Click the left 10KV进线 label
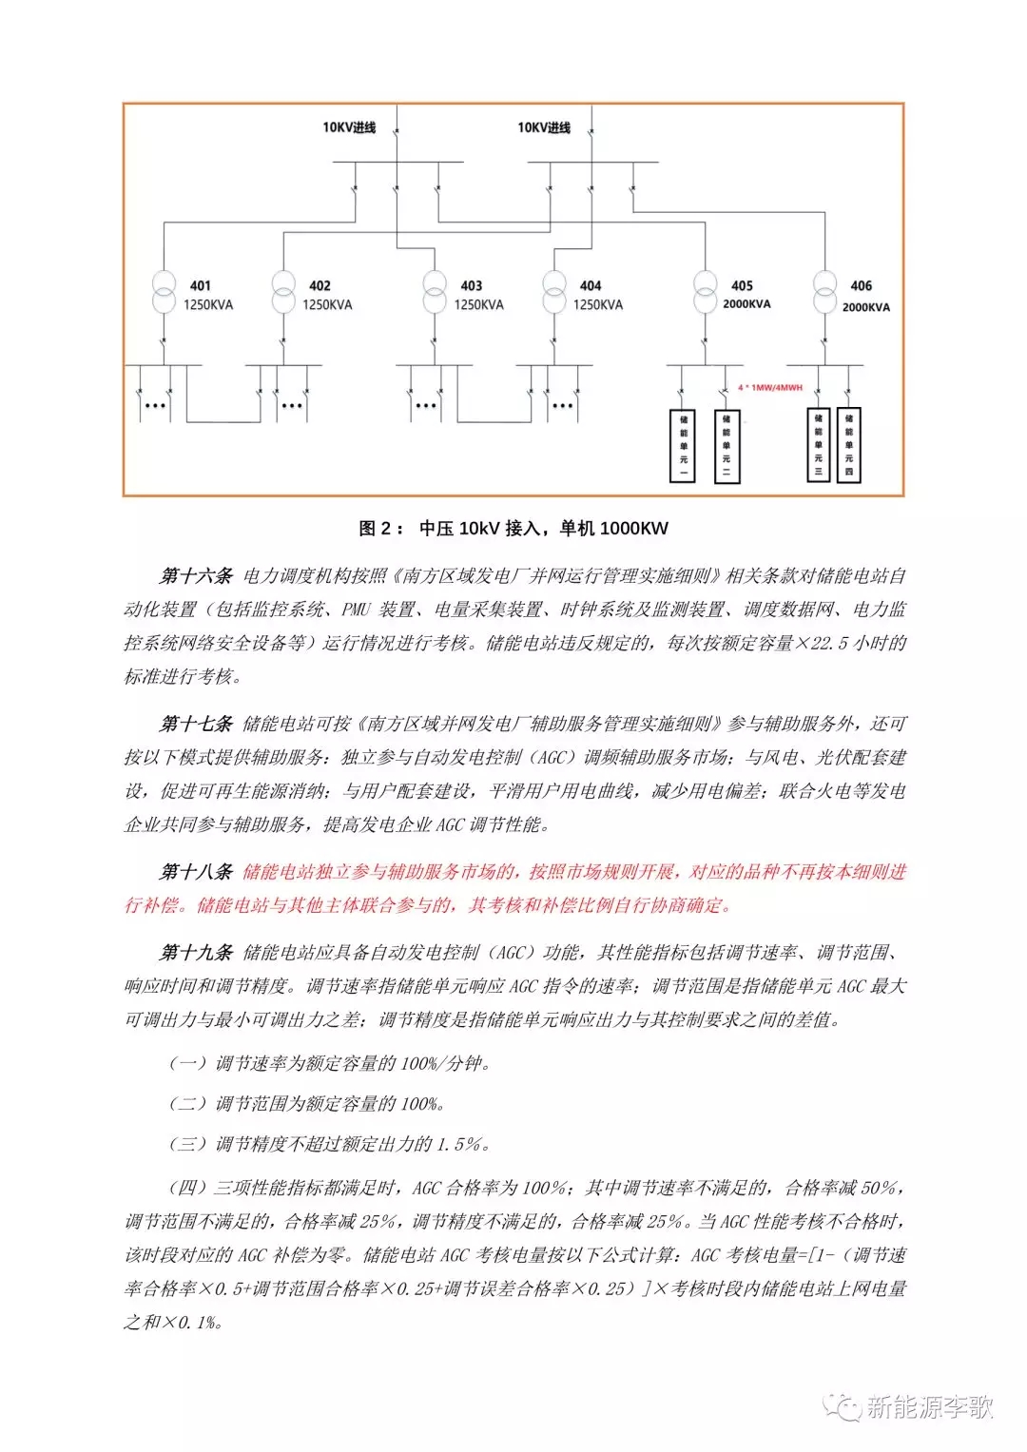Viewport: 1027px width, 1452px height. click(x=349, y=127)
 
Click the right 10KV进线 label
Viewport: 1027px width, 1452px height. click(x=544, y=127)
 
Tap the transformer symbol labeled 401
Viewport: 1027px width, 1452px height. click(x=165, y=292)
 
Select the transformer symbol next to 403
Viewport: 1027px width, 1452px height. click(x=435, y=292)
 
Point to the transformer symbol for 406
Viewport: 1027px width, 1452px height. click(x=824, y=292)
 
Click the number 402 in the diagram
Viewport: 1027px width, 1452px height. click(x=320, y=285)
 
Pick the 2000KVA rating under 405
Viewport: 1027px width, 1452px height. click(x=746, y=304)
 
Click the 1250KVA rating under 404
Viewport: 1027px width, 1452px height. click(x=597, y=305)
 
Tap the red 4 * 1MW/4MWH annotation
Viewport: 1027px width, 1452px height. click(x=770, y=388)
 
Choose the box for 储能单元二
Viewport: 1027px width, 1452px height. click(x=727, y=445)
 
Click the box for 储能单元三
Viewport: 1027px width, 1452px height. click(x=818, y=444)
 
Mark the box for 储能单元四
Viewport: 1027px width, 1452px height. click(x=848, y=444)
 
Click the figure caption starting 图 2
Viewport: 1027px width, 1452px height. click(x=513, y=529)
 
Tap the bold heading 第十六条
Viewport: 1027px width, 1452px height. click(x=196, y=576)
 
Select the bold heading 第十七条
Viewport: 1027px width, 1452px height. click(x=196, y=725)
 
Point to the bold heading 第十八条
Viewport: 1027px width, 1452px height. click(x=196, y=872)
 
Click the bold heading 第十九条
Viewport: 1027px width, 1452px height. click(x=196, y=953)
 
